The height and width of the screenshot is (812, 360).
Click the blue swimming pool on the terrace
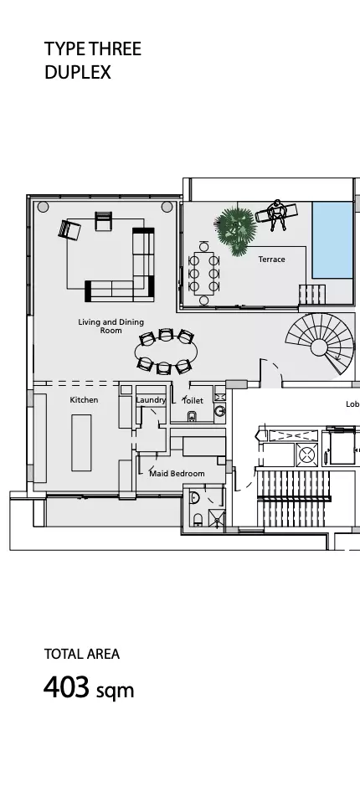coord(332,239)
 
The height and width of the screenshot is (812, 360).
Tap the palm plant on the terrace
coord(235,230)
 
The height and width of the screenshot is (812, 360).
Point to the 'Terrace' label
coord(271,260)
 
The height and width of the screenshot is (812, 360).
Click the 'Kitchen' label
coord(84,400)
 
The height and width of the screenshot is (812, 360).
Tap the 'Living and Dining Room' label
coord(111,326)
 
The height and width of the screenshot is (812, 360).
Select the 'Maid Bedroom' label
coord(177,473)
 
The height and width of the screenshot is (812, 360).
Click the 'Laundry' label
coord(151,400)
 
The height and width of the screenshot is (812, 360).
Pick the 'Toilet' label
coord(193,400)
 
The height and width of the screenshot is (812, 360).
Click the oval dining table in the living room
coord(166,352)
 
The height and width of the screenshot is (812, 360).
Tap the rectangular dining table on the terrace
coord(204,274)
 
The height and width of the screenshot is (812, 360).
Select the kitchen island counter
coord(81,443)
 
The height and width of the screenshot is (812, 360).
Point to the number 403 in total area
coord(66,688)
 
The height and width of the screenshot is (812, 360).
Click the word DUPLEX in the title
coord(78,73)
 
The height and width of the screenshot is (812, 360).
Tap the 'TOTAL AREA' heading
coord(82,654)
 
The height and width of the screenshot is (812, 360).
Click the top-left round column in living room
coord(43,207)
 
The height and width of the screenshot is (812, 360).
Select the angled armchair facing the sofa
coord(69,229)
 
